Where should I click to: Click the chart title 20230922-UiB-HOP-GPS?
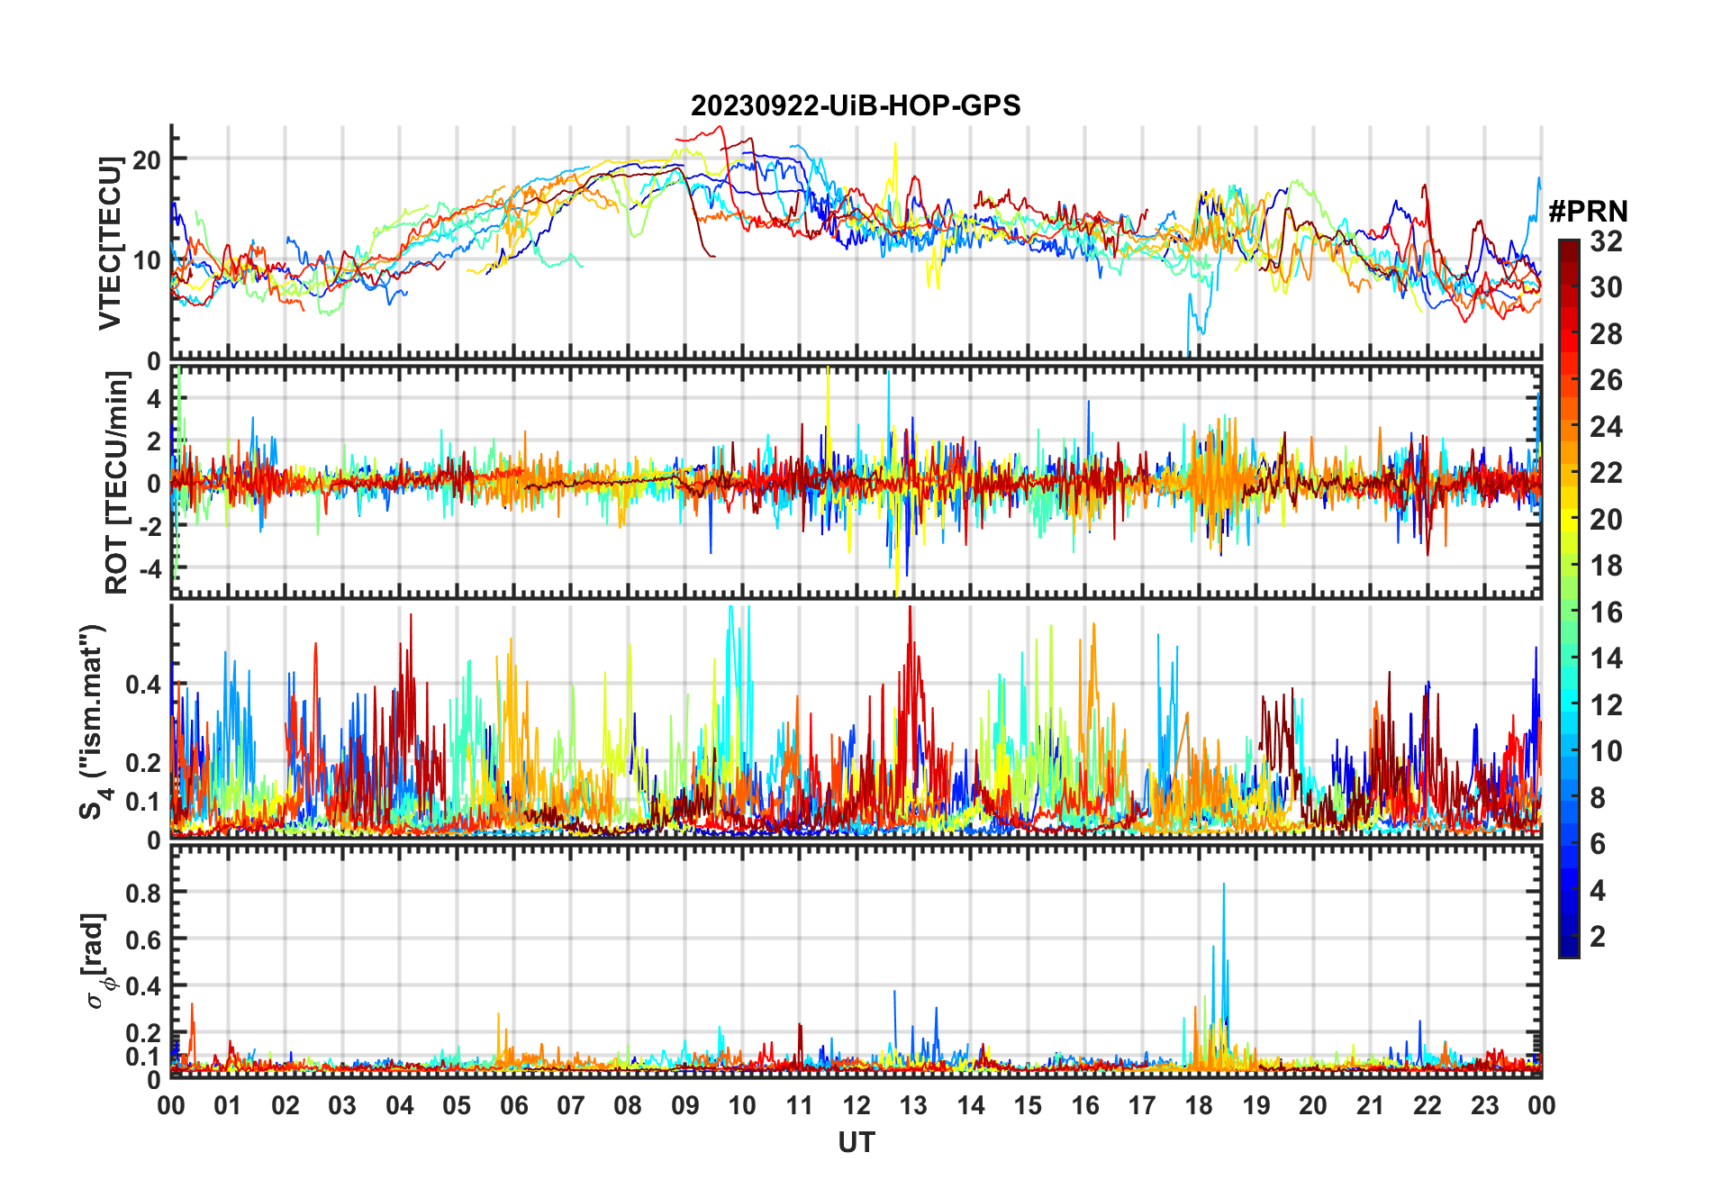point(856,106)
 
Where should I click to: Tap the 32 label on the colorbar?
point(1606,241)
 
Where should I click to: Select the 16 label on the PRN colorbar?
point(1606,613)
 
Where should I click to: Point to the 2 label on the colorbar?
point(1598,937)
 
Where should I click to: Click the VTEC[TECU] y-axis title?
point(110,243)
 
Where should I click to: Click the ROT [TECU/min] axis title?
point(116,483)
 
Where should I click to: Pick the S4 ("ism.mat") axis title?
point(93,722)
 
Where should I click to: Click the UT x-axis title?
point(856,1142)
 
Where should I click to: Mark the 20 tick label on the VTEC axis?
point(146,160)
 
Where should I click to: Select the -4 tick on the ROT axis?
point(152,569)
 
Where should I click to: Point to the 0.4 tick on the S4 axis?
point(143,685)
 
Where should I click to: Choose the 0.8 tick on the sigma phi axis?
point(143,893)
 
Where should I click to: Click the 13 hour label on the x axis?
point(913,1106)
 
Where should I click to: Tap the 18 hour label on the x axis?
point(1199,1106)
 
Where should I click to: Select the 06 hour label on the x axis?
point(513,1106)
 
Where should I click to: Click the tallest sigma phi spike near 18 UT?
point(1223,885)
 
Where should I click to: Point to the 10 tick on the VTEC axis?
point(146,261)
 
